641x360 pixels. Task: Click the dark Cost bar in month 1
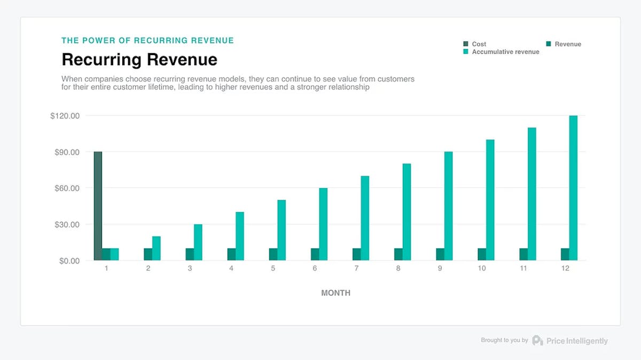coord(98,206)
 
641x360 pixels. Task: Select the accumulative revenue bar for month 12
coord(573,188)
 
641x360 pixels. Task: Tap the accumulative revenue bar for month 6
coord(323,224)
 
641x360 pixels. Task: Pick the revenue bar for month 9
coord(440,254)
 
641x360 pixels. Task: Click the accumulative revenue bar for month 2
coord(156,248)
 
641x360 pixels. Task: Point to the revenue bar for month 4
coord(231,254)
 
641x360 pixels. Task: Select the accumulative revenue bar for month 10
coord(490,200)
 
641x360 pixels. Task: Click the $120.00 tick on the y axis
coord(65,116)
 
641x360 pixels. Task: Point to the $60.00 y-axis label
coord(67,188)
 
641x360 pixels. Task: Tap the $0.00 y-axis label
coord(68,261)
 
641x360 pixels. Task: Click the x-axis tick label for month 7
coord(356,269)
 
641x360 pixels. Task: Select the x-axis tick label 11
coord(523,269)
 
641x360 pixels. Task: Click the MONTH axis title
coord(335,293)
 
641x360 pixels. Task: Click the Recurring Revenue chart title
coord(139,59)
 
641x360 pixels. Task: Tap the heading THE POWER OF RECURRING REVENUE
coord(147,41)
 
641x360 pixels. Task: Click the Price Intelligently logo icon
coord(537,341)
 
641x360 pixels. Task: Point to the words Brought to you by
coord(504,340)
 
